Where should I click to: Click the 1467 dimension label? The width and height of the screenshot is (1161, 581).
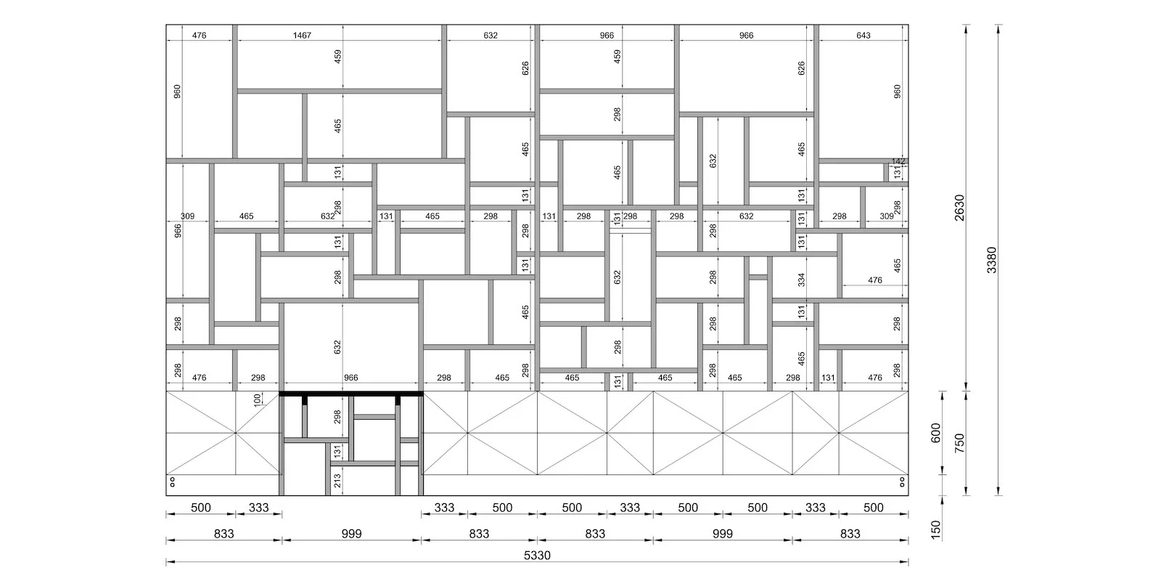[302, 36]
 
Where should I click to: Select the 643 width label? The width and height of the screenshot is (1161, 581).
[863, 36]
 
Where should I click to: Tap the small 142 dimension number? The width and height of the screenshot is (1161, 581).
[898, 161]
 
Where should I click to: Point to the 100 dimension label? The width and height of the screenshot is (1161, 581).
[258, 400]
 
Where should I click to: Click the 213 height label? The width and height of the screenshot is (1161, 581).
[337, 481]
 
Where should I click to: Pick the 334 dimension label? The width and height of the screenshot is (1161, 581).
[801, 280]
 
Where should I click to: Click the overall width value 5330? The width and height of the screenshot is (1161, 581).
[537, 556]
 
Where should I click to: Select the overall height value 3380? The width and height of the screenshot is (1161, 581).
[991, 260]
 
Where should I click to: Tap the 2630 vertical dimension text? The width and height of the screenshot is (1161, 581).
[959, 208]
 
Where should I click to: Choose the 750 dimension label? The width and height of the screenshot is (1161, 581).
[959, 443]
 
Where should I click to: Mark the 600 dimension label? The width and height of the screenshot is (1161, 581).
[935, 433]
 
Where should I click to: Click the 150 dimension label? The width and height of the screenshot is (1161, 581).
[935, 530]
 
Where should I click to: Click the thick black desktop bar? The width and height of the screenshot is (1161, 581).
[351, 394]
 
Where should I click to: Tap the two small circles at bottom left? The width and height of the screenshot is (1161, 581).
[173, 482]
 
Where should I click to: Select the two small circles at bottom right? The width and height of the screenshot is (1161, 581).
[903, 482]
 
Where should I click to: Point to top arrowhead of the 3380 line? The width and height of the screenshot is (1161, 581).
[998, 27]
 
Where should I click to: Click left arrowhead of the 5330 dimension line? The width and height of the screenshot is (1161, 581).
[169, 561]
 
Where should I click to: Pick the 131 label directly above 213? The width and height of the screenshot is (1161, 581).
[337, 451]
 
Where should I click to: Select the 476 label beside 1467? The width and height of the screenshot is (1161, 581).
[199, 36]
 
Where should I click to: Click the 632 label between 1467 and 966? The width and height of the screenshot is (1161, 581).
[491, 36]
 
